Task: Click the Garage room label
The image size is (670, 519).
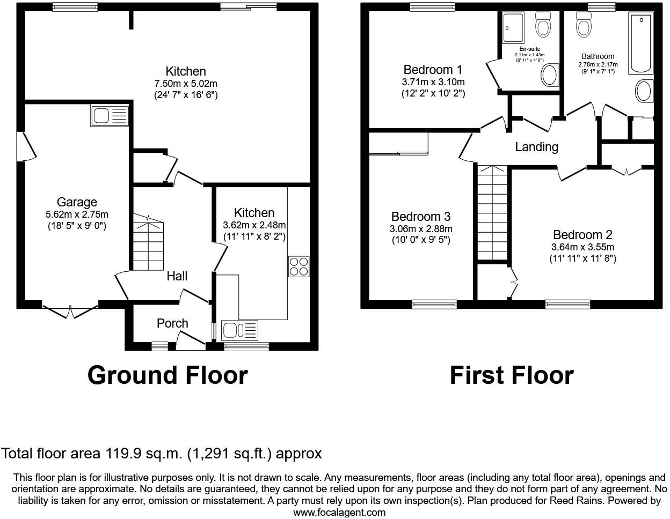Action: tap(77, 202)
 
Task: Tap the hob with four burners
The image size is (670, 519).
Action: tap(299, 266)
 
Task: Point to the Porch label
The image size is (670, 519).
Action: tap(172, 323)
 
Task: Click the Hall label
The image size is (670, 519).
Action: tap(177, 276)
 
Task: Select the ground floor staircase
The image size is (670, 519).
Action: tap(147, 244)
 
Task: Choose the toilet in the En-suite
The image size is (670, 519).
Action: tap(542, 25)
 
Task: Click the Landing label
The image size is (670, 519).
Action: tap(536, 147)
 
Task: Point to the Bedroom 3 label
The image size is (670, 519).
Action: tap(420, 217)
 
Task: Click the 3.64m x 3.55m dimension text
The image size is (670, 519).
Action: tap(582, 247)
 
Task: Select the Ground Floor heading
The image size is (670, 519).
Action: tap(167, 375)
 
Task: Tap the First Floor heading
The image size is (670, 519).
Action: tap(511, 375)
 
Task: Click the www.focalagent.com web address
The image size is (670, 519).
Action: tap(339, 512)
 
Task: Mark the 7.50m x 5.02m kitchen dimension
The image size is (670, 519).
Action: tap(185, 84)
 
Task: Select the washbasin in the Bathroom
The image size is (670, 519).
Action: tap(644, 91)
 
